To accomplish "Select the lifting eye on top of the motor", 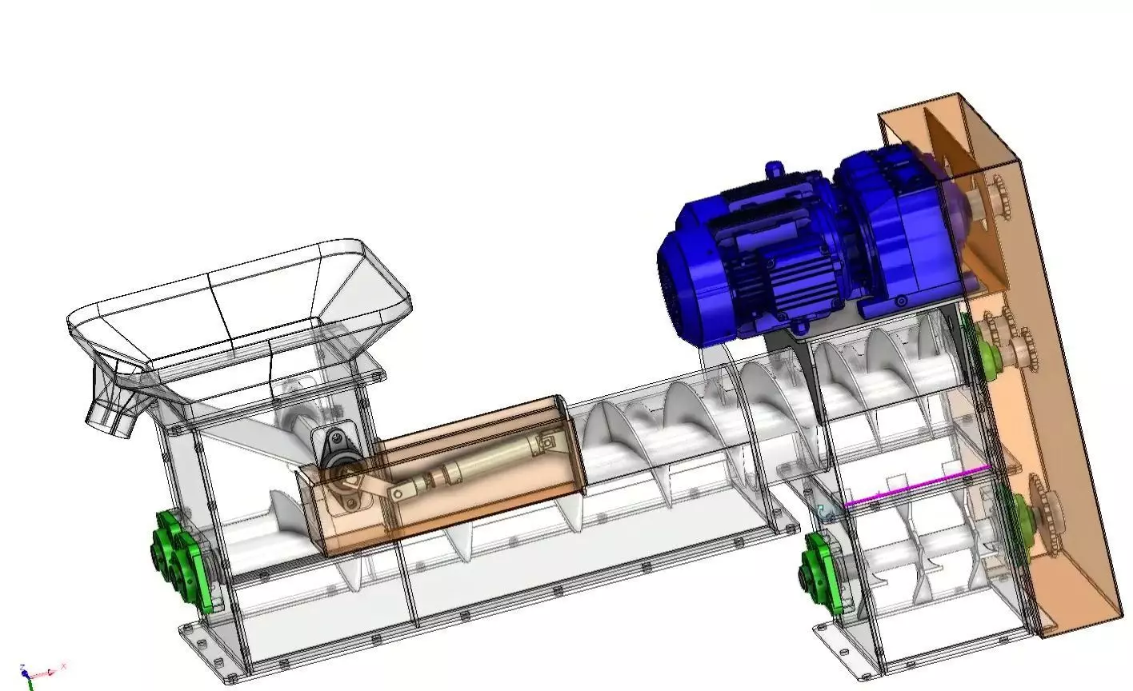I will (773, 170).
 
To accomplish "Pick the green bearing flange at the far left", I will (178, 560).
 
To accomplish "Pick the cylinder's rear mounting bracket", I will (549, 441).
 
